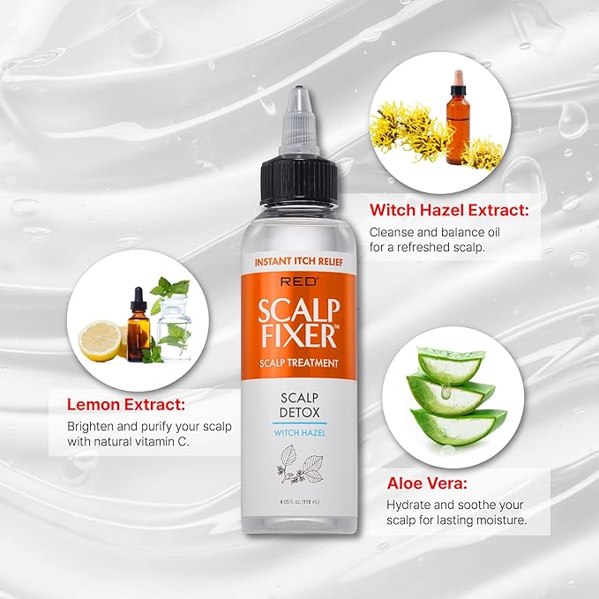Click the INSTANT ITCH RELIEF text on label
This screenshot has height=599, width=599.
[299, 261]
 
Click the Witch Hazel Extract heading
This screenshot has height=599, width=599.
[448, 211]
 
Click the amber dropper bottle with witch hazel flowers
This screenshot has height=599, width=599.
[456, 131]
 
